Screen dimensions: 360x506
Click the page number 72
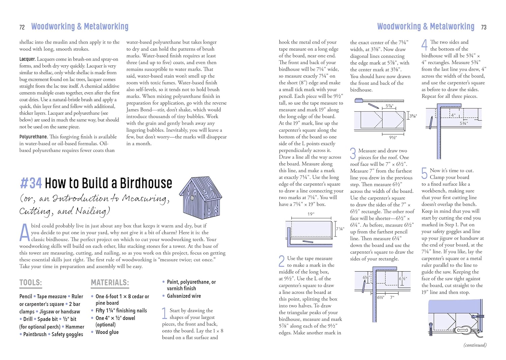[x=22, y=27]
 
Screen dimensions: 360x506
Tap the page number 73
[x=483, y=27]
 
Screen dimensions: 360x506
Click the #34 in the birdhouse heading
[x=31, y=183]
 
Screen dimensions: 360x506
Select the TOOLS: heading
[x=31, y=282]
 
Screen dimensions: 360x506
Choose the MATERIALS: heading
[x=110, y=282]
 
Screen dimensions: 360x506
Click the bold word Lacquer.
[x=27, y=59]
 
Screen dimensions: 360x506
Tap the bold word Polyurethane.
[x=33, y=137]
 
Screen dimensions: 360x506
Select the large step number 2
[x=282, y=261]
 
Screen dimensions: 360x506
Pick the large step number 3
[x=353, y=153]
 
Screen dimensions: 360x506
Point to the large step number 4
[x=424, y=45]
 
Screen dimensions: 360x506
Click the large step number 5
[x=424, y=173]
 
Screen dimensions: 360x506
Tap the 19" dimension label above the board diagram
[x=311, y=214]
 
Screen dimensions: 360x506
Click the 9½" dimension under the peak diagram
[x=393, y=138]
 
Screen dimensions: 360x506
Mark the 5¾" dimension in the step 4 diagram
[x=464, y=123]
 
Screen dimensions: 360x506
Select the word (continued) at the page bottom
[x=475, y=345]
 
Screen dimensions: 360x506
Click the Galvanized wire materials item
[x=184, y=296]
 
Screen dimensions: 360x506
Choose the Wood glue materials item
[x=107, y=332]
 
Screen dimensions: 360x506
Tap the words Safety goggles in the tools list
[x=67, y=334]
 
